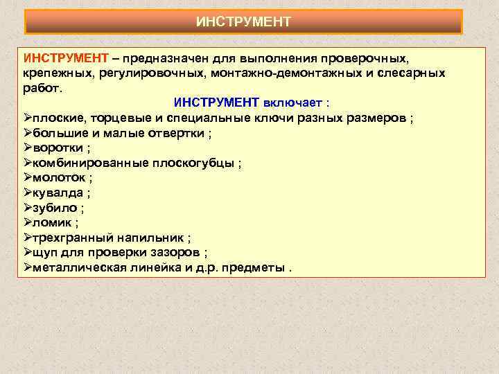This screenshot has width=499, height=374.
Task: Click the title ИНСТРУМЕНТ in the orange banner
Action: click(243, 21)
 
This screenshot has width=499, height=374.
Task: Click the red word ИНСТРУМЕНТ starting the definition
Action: click(64, 57)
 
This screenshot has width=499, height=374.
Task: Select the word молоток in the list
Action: click(57, 178)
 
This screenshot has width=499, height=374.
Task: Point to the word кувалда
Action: click(56, 193)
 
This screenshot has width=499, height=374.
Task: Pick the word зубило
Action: click(53, 208)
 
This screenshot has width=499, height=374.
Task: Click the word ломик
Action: click(51, 223)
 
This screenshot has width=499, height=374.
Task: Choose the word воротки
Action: click(57, 148)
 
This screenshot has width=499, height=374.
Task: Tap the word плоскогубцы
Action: click(197, 163)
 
